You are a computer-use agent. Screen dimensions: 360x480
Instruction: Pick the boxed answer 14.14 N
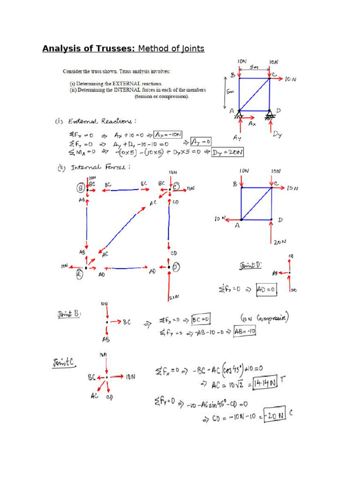pos(264,383)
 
